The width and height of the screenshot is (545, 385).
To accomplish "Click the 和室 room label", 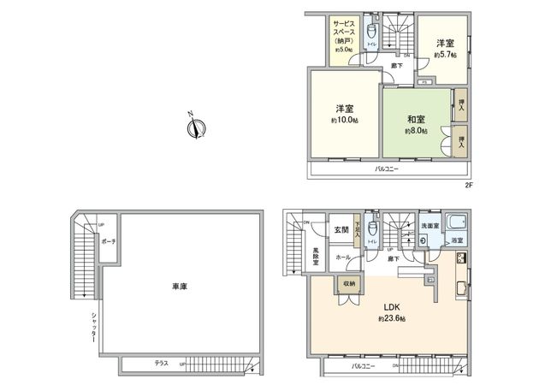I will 416,121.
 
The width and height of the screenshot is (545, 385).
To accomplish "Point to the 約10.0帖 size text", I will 346,121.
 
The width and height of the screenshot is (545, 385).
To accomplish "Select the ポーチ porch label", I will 109,241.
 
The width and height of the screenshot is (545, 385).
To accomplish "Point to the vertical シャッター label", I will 92,328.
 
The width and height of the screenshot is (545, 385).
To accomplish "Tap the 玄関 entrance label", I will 341,229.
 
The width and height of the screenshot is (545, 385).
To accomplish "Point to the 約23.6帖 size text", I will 391,318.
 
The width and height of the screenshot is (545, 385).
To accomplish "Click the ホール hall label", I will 341,257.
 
